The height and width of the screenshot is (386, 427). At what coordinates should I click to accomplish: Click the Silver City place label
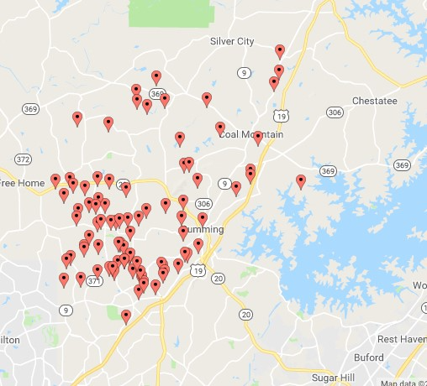point(232,41)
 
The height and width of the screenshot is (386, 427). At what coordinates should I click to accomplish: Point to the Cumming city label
point(205,230)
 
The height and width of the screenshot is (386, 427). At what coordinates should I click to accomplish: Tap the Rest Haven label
point(399,339)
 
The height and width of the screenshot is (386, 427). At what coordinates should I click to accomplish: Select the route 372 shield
point(24,159)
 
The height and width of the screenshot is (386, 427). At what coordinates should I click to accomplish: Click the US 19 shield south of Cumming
point(197,269)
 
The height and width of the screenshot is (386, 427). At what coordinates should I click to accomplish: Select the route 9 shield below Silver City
point(243,73)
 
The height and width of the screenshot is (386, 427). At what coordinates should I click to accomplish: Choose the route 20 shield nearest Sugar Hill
point(245,314)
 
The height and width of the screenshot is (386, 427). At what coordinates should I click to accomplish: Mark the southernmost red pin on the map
point(126,316)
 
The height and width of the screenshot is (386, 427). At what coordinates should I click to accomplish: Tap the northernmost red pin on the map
point(280,50)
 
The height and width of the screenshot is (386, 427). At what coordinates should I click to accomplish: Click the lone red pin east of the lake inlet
point(301,180)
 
